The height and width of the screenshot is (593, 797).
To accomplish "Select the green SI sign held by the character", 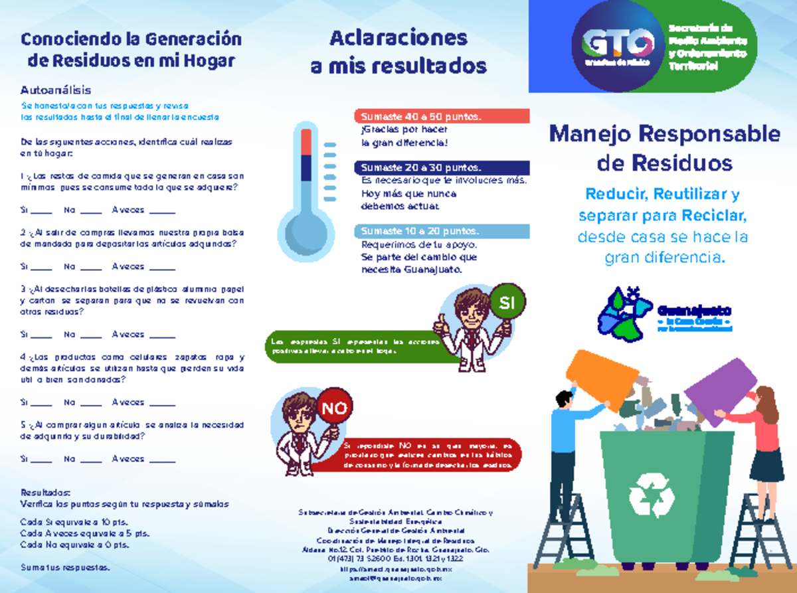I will [x=507, y=303].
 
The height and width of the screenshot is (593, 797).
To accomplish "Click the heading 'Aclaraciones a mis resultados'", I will [x=398, y=52].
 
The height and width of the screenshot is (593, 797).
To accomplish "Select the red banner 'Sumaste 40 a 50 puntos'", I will [x=442, y=117].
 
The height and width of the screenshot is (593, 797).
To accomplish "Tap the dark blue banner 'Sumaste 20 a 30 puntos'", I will [x=442, y=167].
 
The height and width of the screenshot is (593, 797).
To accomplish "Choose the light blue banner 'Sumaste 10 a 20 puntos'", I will [x=442, y=231].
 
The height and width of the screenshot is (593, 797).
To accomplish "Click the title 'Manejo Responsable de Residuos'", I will [x=664, y=148].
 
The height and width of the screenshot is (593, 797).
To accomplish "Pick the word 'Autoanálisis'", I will [x=56, y=90].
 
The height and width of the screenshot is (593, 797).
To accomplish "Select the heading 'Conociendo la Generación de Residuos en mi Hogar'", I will [x=132, y=50].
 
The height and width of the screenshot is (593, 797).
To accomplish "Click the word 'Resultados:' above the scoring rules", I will [x=45, y=493].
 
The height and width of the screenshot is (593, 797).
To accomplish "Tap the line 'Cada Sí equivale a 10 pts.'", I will [x=74, y=522].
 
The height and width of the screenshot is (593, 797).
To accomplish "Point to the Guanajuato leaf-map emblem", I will [x=624, y=313].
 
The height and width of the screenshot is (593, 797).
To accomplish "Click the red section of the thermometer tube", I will [x=306, y=141].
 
